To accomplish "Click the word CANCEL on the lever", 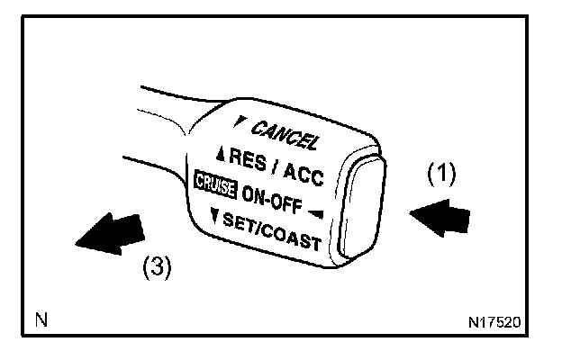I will point(284,135).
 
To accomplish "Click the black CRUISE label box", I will point(213,183).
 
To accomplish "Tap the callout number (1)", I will point(441,174).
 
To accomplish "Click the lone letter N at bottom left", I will point(41,319).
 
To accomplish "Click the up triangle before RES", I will point(221,153).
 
